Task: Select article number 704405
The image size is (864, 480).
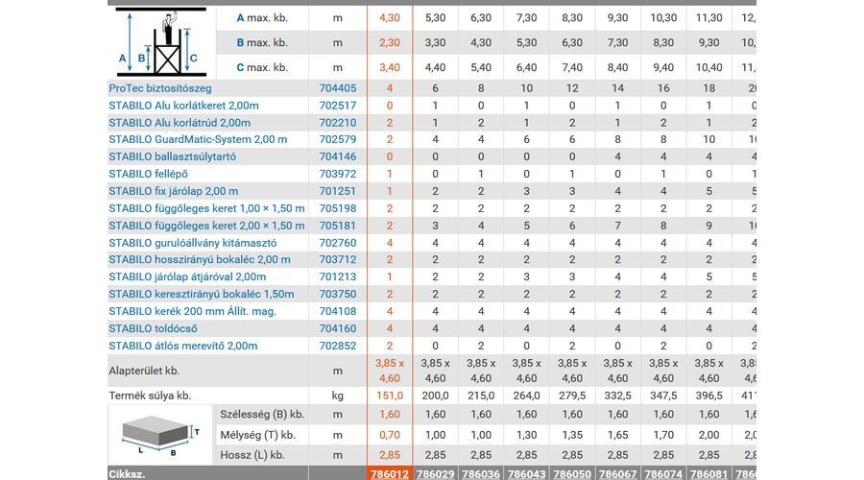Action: (337, 87)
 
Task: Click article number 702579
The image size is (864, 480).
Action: (337, 139)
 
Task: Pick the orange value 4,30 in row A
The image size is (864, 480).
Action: (390, 17)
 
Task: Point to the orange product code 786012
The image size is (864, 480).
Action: (390, 473)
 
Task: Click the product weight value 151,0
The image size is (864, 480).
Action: (390, 395)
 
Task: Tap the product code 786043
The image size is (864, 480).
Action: (526, 473)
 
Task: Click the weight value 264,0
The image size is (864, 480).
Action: (526, 395)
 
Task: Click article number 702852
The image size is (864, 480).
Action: (337, 346)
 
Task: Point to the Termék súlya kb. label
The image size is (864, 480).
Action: (150, 395)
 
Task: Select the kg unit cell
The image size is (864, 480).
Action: (337, 395)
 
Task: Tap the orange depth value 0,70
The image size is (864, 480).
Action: (390, 435)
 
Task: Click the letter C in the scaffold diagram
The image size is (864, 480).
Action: (194, 58)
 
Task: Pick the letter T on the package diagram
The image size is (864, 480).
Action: (197, 432)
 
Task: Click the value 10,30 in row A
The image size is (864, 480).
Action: (663, 17)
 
